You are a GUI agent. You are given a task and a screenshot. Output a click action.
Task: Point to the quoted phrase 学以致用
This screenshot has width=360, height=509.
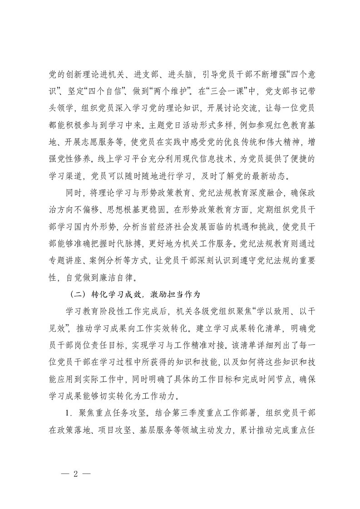[x=267, y=311]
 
